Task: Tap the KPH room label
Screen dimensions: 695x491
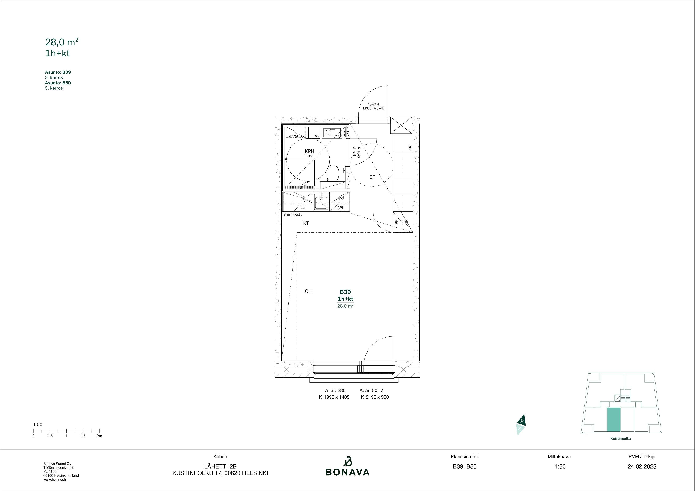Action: tap(309, 151)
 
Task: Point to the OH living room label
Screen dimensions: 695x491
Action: tap(308, 291)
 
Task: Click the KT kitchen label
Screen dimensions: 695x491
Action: tap(306, 224)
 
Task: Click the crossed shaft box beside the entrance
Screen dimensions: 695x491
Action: tap(401, 126)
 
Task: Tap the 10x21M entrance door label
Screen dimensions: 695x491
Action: tap(373, 104)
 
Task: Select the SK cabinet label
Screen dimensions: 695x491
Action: tap(410, 148)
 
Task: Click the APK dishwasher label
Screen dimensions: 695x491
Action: tap(341, 208)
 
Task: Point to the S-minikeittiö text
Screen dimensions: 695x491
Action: tap(293, 215)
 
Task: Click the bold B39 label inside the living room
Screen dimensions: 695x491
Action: tap(345, 292)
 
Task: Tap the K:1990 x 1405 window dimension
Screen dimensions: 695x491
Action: tap(334, 397)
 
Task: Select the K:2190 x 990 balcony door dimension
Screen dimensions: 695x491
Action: tap(375, 397)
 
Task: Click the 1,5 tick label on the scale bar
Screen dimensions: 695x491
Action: tap(83, 436)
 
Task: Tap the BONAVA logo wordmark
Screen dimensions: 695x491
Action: tap(347, 472)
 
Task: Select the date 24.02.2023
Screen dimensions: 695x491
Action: tap(642, 466)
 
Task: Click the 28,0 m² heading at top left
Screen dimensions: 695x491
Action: tap(62, 42)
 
